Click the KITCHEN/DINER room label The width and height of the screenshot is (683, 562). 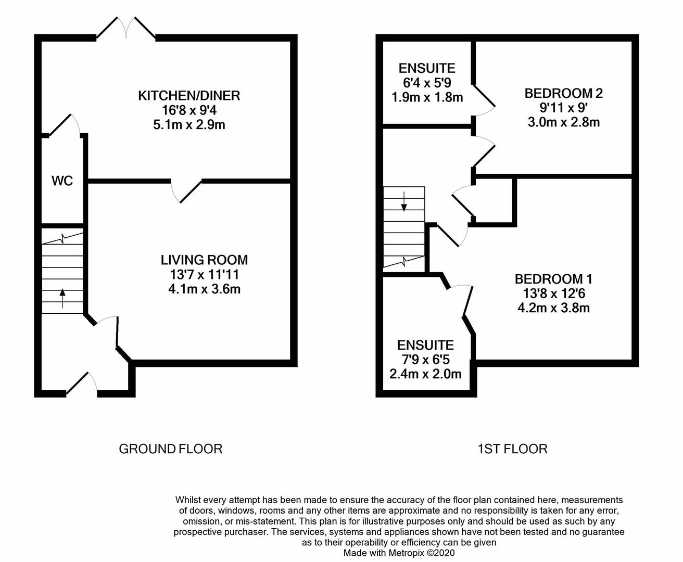(x=189, y=96)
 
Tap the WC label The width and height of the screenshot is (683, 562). (x=62, y=181)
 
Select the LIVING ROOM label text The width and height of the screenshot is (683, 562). (x=205, y=260)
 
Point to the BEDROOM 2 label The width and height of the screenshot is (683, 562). (x=563, y=94)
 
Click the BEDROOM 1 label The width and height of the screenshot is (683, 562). (x=553, y=279)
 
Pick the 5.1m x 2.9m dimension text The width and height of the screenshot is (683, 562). (x=189, y=125)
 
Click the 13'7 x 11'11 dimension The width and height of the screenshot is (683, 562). (x=205, y=275)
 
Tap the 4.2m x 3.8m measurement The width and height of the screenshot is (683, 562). (x=553, y=308)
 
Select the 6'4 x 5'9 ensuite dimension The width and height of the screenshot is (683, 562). (x=427, y=83)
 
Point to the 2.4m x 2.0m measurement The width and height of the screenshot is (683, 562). (x=425, y=374)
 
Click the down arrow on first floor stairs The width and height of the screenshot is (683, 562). (x=404, y=201)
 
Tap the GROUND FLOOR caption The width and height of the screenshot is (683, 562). (x=171, y=449)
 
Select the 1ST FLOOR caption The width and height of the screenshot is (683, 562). (x=513, y=449)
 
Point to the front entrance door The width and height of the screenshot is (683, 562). (x=81, y=384)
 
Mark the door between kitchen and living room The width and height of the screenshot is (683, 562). (x=187, y=190)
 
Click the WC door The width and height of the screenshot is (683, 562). (x=65, y=124)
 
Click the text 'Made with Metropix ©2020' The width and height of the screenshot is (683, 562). (x=399, y=553)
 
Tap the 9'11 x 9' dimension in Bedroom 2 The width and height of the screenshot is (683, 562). (x=563, y=108)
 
